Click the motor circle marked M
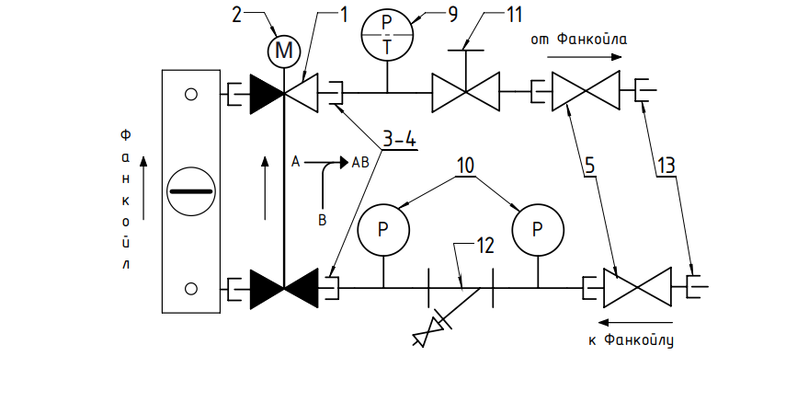coord(284,51)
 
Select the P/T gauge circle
coord(387,34)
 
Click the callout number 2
coord(236,15)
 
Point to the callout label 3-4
coord(400,139)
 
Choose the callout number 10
coord(466,166)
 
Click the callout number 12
coord(484,246)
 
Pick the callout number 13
coord(666,165)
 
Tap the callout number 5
coord(590,165)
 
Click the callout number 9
coord(453,15)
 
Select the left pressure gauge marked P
coord(383,230)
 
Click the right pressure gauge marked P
coord(538,230)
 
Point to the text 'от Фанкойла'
coord(578,40)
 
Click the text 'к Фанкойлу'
coord(631,339)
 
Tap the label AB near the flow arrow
coord(360,162)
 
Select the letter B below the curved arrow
coord(323,220)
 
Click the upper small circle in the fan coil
coord(191,95)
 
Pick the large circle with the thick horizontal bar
coord(191,191)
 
